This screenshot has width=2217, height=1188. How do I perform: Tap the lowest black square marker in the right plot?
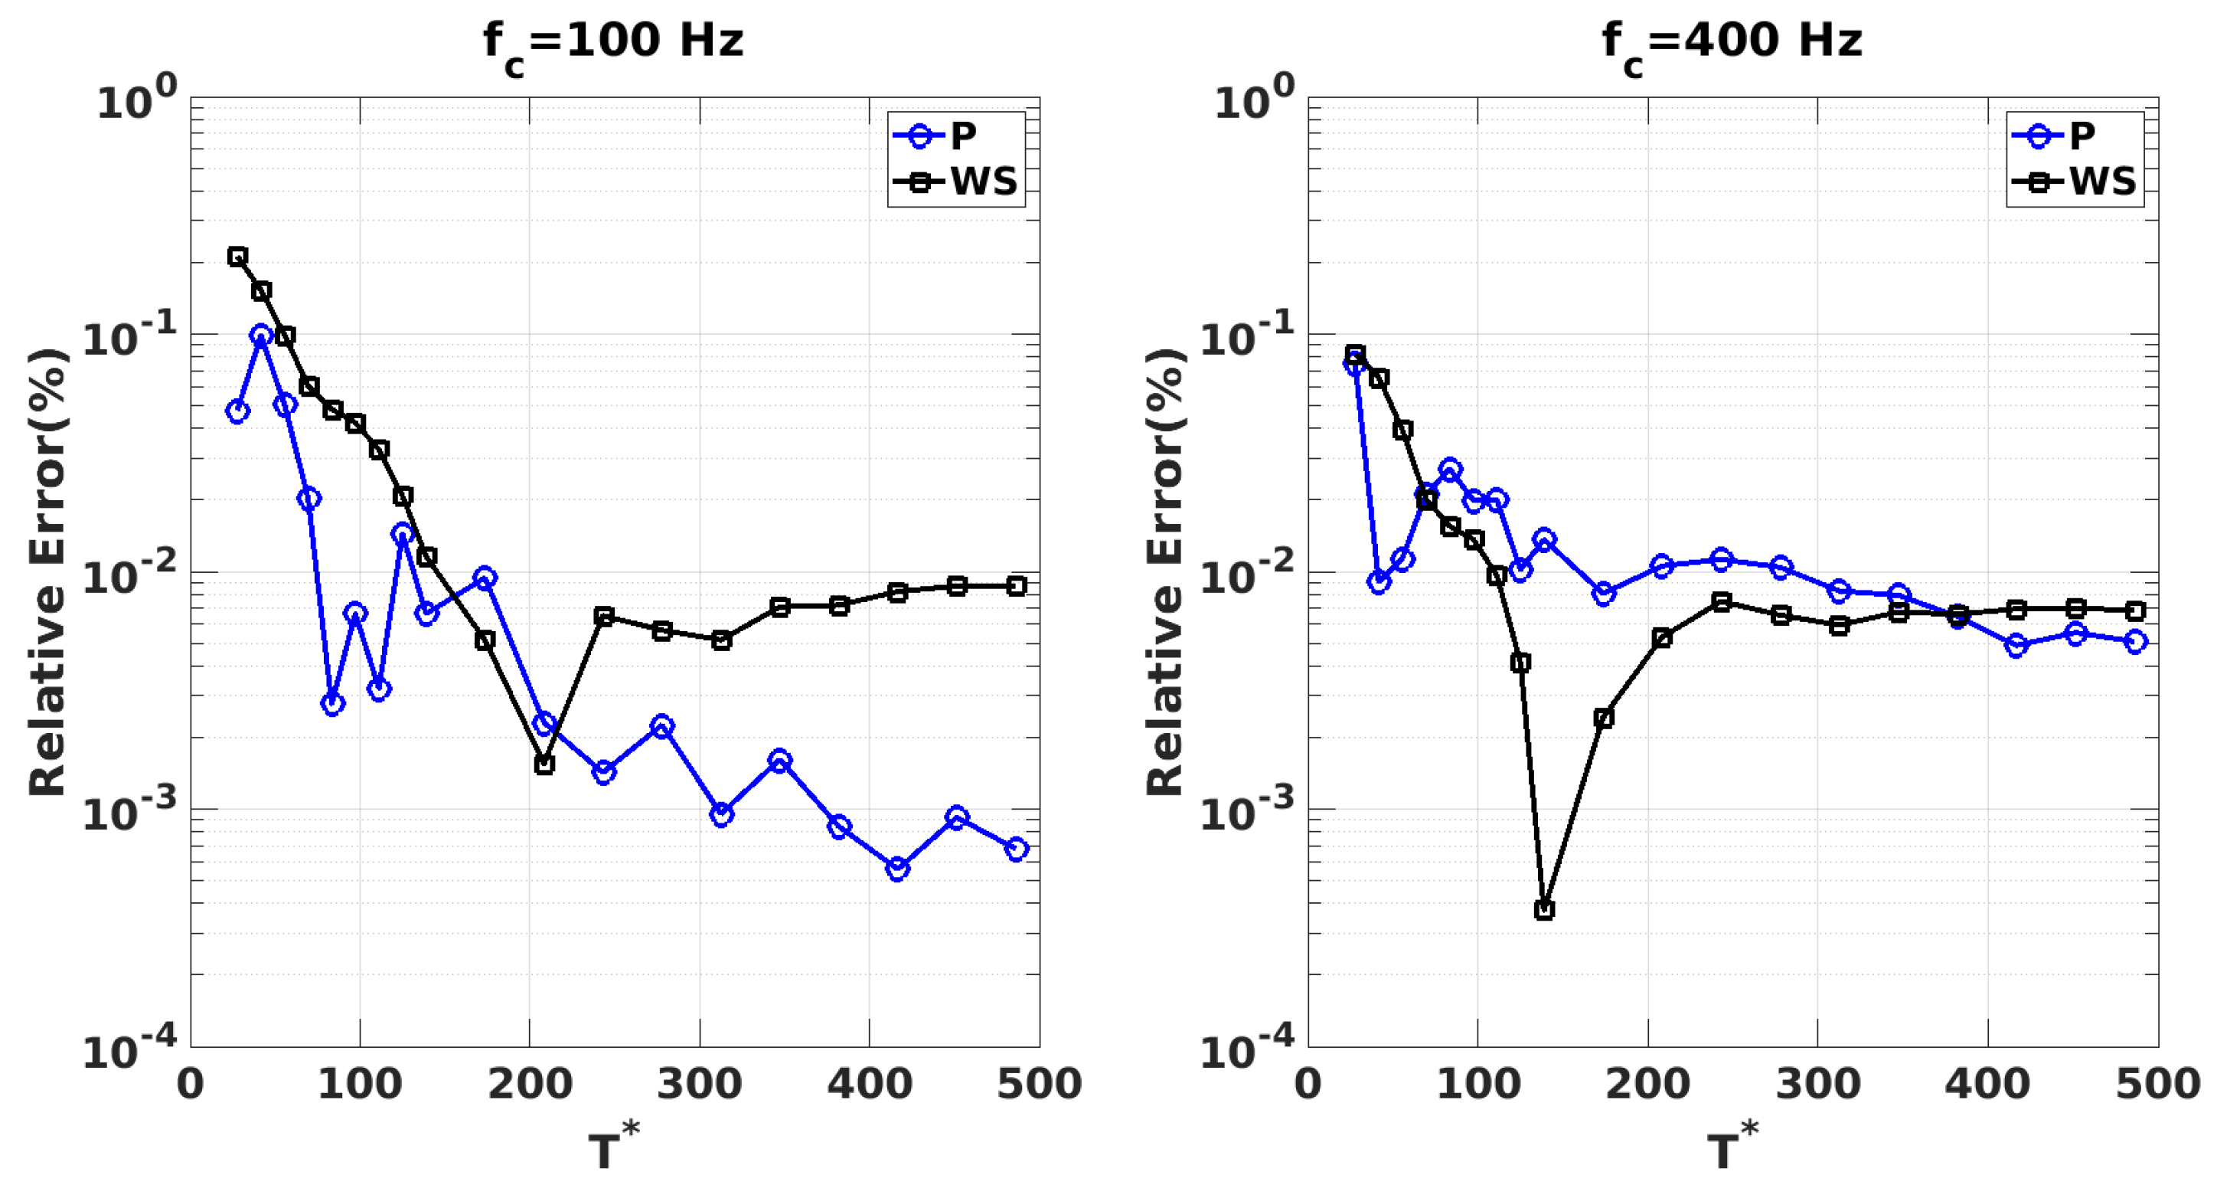(x=1544, y=910)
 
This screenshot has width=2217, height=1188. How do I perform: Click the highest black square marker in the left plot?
(x=237, y=256)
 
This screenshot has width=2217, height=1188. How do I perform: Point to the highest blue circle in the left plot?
(x=262, y=335)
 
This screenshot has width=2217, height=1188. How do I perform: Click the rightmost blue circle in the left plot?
(x=1017, y=849)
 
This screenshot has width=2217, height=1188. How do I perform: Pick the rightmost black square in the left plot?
(x=1017, y=586)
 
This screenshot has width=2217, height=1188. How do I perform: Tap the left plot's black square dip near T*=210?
(x=544, y=764)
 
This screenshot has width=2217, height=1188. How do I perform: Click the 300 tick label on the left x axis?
(x=699, y=1084)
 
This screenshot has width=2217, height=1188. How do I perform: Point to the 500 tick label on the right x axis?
(x=2157, y=1084)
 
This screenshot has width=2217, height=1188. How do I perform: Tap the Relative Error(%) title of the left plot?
(x=47, y=571)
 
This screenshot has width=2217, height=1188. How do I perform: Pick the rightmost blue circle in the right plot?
(x=2135, y=641)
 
